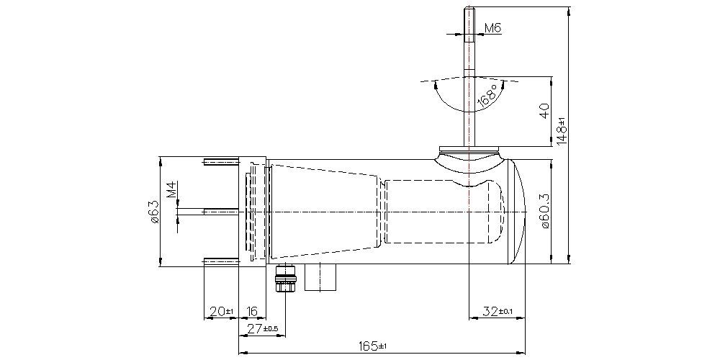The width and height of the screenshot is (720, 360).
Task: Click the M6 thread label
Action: pyautogui.click(x=492, y=28)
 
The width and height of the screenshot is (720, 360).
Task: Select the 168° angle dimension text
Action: pyautogui.click(x=487, y=96)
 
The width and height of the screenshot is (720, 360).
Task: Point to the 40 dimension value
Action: pyautogui.click(x=544, y=111)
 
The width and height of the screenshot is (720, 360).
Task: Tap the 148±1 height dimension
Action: pyautogui.click(x=562, y=130)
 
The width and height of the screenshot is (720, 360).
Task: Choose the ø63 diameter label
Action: pyautogui.click(x=154, y=212)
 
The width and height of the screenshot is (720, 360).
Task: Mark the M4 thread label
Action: pyautogui.click(x=172, y=190)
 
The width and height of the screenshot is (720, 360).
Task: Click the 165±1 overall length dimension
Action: pyautogui.click(x=374, y=346)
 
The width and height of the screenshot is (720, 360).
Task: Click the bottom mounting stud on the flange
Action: pyautogui.click(x=221, y=260)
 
